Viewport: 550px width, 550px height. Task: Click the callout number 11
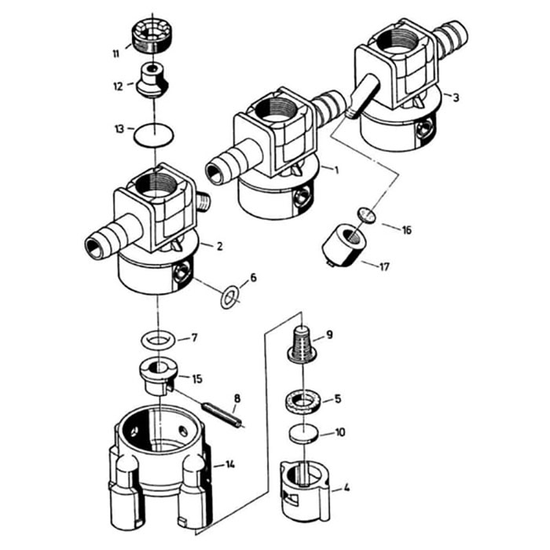tap(116, 54)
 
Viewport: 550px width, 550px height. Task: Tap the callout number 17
tap(384, 267)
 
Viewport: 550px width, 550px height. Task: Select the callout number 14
tap(229, 465)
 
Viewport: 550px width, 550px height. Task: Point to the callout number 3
tap(456, 97)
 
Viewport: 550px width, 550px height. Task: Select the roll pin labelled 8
tap(222, 416)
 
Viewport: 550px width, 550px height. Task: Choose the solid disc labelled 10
tap(305, 434)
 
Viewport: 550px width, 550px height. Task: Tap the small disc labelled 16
tap(367, 214)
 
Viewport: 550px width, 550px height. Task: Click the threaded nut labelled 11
tap(152, 36)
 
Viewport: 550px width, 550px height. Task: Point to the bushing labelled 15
tap(159, 377)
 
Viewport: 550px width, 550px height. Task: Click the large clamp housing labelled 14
tap(161, 468)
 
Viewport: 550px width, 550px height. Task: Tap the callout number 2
tap(219, 246)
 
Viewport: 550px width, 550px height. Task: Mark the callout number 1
tap(337, 170)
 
